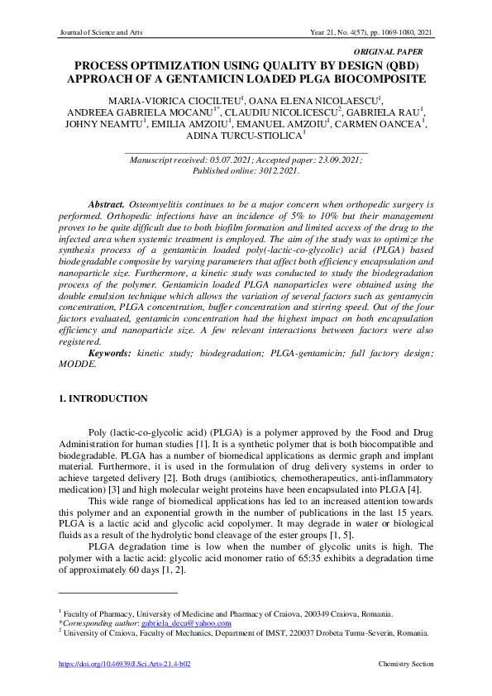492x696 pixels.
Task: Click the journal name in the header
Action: [102, 32]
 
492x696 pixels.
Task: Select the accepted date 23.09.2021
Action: [333, 159]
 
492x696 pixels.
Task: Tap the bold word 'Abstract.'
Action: [107, 203]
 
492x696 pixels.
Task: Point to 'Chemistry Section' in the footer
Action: [406, 665]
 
